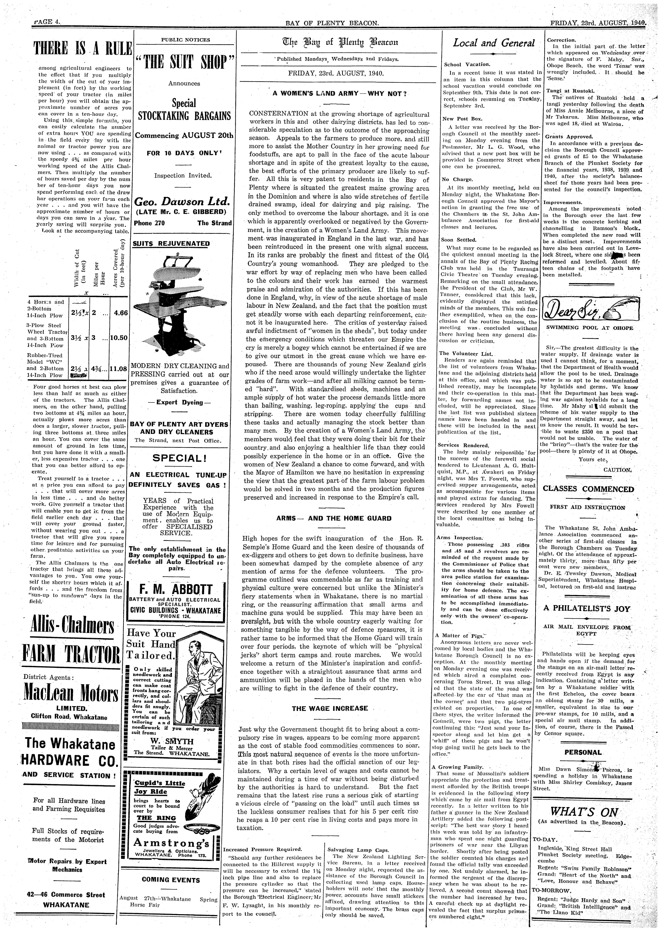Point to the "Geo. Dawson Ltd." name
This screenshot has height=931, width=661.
[x=182, y=201]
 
